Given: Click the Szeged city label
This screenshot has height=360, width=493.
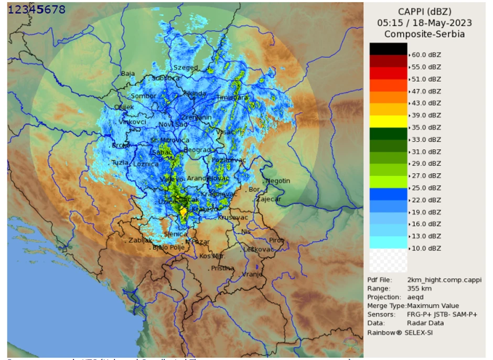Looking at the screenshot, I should coord(186,68).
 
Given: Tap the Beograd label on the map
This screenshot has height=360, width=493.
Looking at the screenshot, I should coord(197,150).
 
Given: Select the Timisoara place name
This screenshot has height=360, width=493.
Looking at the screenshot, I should coord(232,98).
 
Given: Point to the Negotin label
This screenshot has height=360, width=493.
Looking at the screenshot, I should coord(278,181).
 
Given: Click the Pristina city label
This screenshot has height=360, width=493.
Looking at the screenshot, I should coord(222,268).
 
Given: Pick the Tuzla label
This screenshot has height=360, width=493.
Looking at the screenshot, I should coord(120,163).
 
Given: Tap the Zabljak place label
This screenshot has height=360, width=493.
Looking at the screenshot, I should coord(140,241).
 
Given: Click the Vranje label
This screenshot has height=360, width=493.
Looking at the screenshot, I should coord(252,274).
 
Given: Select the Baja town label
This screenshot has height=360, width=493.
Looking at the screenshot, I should coord(128,74).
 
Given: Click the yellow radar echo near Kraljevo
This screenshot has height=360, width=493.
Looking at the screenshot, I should coord(184,212).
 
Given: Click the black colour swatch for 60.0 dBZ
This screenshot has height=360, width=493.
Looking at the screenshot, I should coord(388,49).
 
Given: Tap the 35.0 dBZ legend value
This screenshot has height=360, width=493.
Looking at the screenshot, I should coord(426,128).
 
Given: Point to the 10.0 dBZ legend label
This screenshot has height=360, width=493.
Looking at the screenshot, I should coord(426,248).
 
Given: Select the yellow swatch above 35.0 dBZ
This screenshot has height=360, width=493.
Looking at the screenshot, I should coord(388,121).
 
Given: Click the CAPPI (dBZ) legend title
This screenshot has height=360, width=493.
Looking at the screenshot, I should coord(425,12).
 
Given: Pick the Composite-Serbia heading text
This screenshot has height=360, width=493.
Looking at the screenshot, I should coord(424,34).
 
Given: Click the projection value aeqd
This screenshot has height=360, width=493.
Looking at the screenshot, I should coord(416,297).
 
